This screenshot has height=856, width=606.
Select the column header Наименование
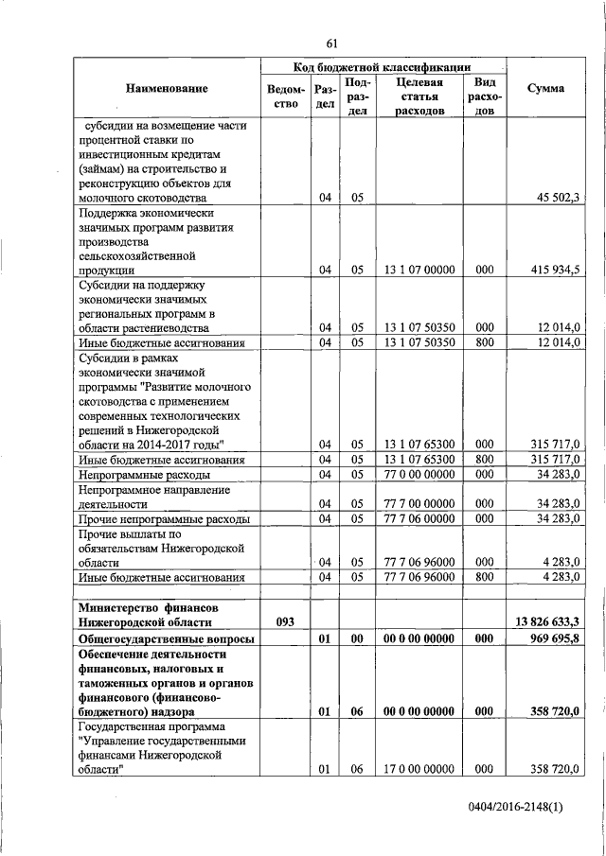(x=166, y=89)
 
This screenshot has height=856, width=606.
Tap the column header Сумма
(x=545, y=89)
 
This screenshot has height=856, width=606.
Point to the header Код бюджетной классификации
(x=383, y=66)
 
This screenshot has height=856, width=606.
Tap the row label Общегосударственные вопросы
(x=167, y=638)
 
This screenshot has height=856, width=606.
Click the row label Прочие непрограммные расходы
(x=164, y=519)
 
